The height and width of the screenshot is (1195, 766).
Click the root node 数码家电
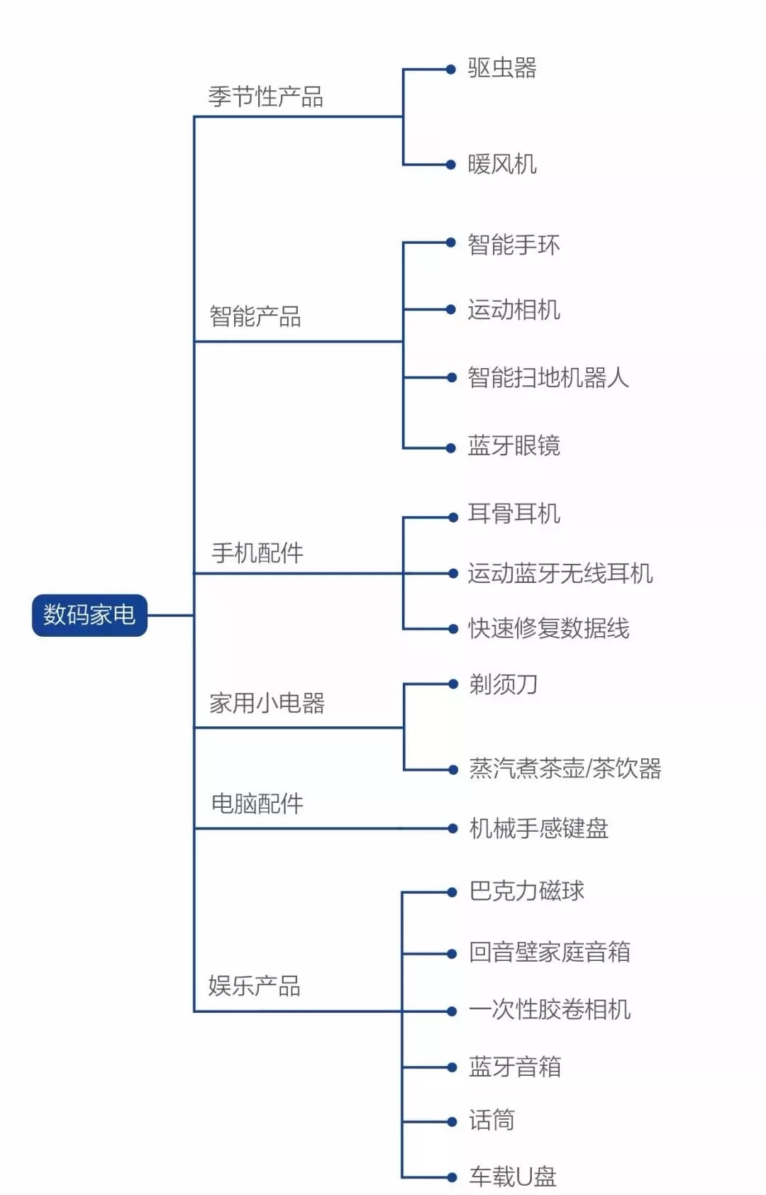click(x=89, y=615)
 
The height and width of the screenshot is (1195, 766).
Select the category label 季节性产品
click(x=266, y=96)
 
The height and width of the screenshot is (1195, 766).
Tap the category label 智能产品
click(x=255, y=316)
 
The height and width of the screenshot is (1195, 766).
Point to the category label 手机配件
click(x=257, y=552)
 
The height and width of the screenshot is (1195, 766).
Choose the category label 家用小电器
click(x=267, y=703)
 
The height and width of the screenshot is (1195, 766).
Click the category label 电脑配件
click(x=257, y=804)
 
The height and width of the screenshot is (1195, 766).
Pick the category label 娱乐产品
click(x=255, y=985)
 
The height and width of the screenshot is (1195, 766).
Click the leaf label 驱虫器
click(x=502, y=68)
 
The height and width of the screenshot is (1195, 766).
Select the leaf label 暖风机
click(x=502, y=164)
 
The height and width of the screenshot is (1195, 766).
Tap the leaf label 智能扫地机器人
click(x=548, y=377)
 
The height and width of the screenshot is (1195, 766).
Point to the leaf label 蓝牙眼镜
click(x=514, y=445)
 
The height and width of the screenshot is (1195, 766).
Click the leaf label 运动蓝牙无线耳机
click(x=560, y=574)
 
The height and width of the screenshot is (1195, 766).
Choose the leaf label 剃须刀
click(x=503, y=684)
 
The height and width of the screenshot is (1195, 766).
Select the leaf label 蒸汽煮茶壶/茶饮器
click(x=565, y=769)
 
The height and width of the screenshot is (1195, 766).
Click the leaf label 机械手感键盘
click(x=539, y=828)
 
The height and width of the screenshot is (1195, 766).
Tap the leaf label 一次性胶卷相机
click(x=550, y=1009)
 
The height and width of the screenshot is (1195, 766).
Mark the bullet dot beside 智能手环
click(x=451, y=243)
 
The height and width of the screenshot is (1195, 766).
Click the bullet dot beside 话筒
click(x=452, y=1122)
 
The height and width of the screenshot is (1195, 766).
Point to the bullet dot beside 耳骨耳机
click(x=453, y=517)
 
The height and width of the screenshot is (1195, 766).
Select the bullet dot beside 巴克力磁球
click(x=452, y=892)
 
